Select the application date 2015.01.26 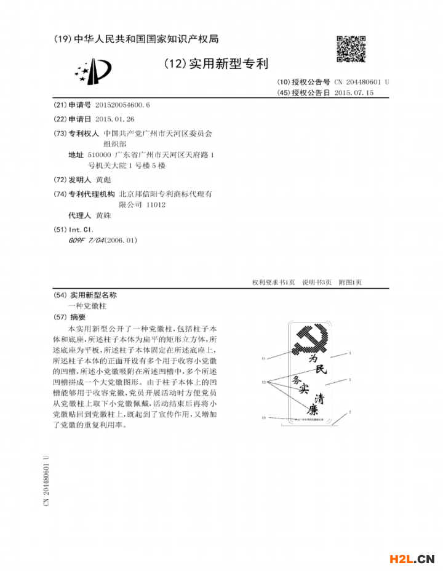tap(115, 119)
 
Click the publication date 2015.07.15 tap(354, 93)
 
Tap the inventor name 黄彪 tap(105, 180)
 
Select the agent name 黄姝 tap(105, 216)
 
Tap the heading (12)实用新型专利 tap(216, 64)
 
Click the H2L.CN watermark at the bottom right tap(412, 559)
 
